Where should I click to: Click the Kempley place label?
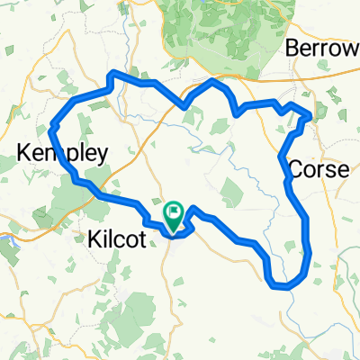point(62,153)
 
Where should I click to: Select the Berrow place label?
point(321,49)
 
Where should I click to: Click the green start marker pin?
point(174,214)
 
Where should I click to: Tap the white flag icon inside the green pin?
point(174,210)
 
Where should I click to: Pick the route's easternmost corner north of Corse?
point(310,114)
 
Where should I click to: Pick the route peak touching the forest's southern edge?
point(212,81)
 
